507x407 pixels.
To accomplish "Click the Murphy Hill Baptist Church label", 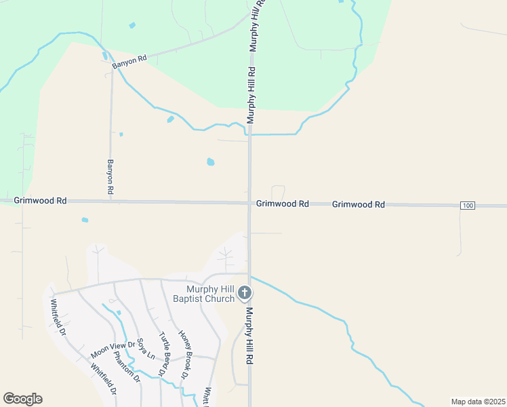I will tap(203, 294).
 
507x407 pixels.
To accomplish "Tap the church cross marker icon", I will tap(245, 294).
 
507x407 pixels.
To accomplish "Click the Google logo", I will tap(22, 399).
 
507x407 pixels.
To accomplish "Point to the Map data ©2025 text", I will tap(478, 402).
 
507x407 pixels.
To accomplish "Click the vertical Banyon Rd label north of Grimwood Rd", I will tap(110, 178).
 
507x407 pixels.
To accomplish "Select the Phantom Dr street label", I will tap(125, 366).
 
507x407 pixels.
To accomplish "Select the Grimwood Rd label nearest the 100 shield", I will tap(359, 204).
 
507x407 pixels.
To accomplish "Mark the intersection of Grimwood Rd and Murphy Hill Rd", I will tap(249, 202).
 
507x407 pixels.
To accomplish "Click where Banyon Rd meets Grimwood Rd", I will tap(110, 201).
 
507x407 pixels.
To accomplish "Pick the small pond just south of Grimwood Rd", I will tap(85, 220).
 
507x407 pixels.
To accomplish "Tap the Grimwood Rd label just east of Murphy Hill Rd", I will tap(283, 203).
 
